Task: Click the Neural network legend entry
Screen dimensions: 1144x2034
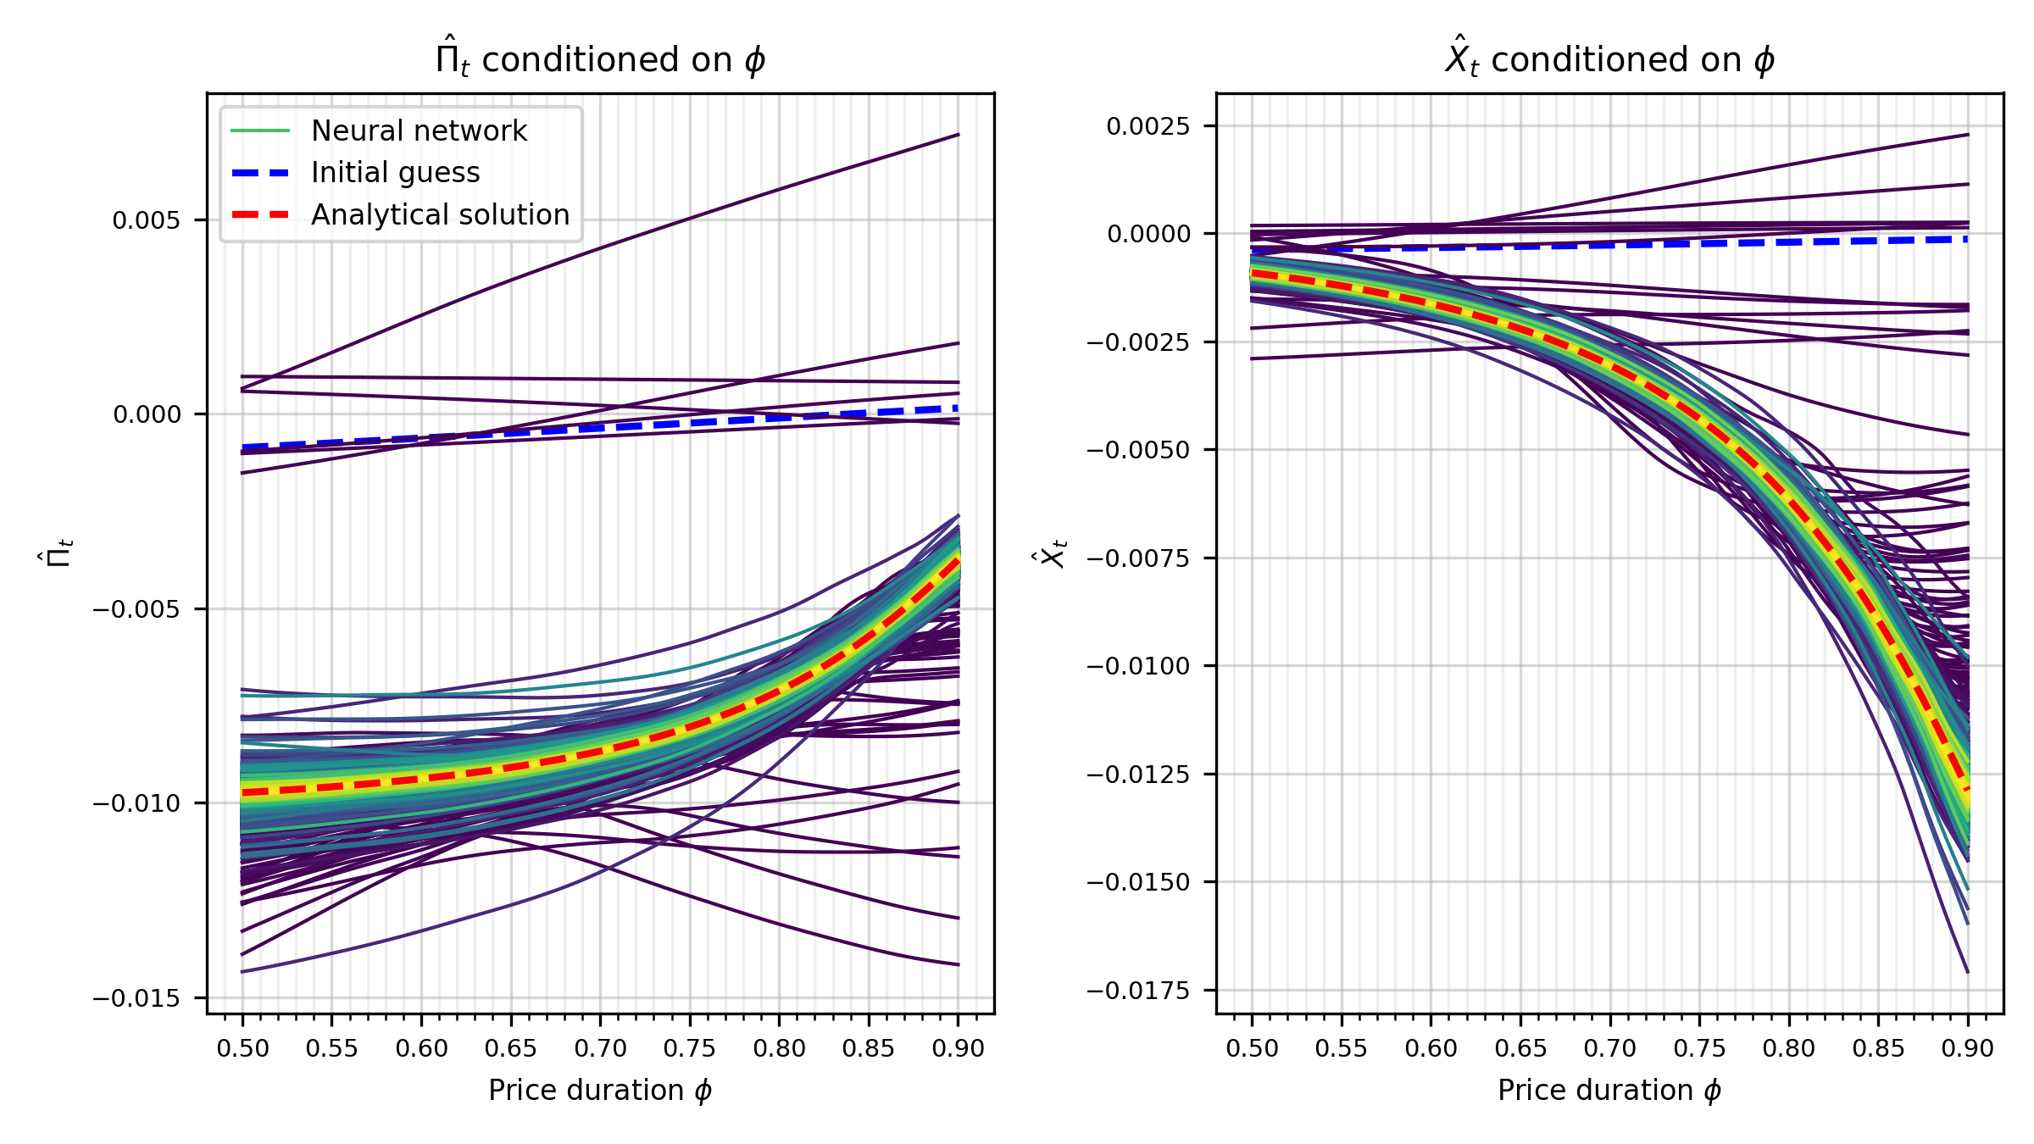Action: tap(419, 131)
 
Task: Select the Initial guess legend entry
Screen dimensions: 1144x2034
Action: tap(395, 173)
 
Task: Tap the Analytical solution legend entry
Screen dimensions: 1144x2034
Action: tap(440, 215)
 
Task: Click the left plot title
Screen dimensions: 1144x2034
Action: tap(600, 59)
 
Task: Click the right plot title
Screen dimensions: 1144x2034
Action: tap(1609, 59)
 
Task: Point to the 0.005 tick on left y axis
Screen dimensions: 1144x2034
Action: tap(147, 220)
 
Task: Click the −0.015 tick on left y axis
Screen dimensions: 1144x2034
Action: tap(136, 998)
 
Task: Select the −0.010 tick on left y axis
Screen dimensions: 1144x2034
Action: tap(136, 803)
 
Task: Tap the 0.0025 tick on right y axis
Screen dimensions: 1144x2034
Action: tap(1148, 126)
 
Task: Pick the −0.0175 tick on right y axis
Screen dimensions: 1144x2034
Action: tap(1138, 991)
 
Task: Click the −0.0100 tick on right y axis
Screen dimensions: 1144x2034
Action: tap(1138, 666)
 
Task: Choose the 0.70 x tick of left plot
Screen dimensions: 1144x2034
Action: tap(600, 1049)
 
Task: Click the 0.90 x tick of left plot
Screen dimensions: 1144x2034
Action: tap(958, 1049)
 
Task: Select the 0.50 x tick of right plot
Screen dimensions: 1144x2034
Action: tap(1252, 1049)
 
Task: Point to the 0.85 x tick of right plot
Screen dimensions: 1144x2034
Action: tap(1878, 1049)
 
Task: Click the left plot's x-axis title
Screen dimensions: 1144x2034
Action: tap(600, 1091)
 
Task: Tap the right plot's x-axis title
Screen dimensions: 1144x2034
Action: tap(1609, 1091)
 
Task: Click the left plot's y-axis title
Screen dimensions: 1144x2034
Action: tap(55, 553)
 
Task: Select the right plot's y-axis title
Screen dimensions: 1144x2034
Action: tap(1053, 553)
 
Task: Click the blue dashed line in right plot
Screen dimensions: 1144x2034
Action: tap(1610, 245)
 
